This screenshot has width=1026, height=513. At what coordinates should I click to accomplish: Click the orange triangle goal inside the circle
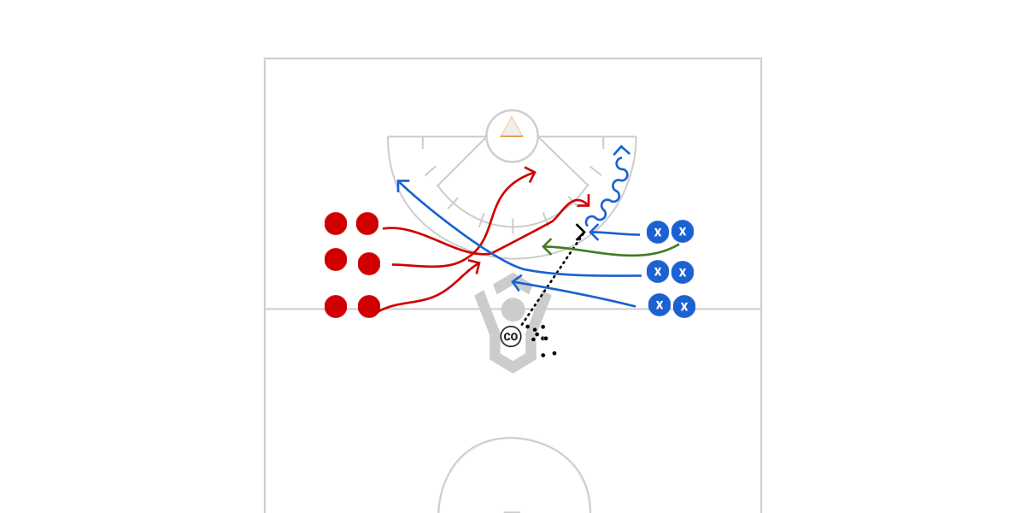(x=512, y=127)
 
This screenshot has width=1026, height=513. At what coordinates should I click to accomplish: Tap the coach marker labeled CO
(x=511, y=336)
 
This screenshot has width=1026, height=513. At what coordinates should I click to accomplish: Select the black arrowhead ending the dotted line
(x=582, y=230)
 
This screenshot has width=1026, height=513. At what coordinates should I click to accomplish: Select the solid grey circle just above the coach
(x=513, y=310)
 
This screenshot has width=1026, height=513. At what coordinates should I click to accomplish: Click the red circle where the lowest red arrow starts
(x=369, y=306)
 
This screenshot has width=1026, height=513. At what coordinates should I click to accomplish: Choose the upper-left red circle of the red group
(x=336, y=223)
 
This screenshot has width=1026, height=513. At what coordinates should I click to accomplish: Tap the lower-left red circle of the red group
(x=336, y=306)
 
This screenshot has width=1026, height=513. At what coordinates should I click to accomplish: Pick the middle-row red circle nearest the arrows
(x=369, y=263)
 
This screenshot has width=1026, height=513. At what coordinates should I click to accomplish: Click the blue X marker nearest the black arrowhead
(x=657, y=232)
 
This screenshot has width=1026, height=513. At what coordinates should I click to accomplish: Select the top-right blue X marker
(x=682, y=231)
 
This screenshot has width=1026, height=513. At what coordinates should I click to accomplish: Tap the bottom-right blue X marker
(x=683, y=306)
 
